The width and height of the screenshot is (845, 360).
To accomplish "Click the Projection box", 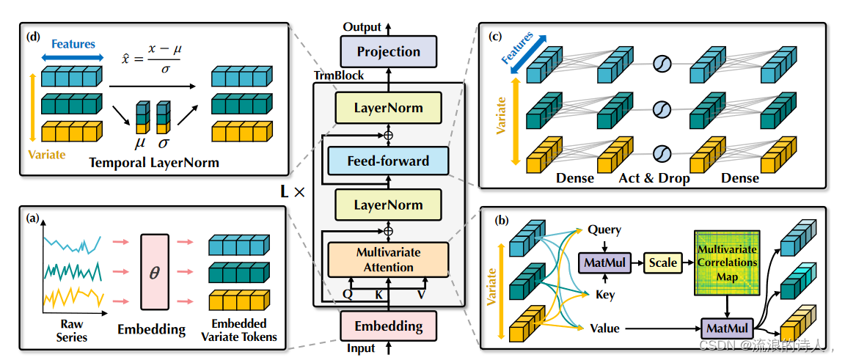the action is click(x=389, y=52).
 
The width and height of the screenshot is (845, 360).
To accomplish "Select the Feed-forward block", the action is click(x=388, y=160).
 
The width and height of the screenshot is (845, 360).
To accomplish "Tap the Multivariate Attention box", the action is click(x=388, y=260).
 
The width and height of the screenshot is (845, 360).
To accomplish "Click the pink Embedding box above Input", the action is click(x=388, y=326).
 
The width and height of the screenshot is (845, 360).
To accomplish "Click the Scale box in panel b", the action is click(x=662, y=262).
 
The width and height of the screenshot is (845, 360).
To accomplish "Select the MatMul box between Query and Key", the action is click(x=600, y=262).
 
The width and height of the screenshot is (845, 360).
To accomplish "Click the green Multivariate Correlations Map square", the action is click(x=728, y=264).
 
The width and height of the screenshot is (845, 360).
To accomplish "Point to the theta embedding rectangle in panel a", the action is click(x=154, y=271).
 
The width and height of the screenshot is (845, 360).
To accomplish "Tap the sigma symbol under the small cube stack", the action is click(x=162, y=143).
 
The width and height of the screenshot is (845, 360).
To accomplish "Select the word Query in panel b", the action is click(x=604, y=230).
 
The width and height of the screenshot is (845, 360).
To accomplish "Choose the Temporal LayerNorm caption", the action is click(x=154, y=163).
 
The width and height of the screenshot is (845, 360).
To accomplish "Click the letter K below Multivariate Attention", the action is click(x=378, y=295).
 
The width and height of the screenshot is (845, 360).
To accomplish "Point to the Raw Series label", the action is click(x=71, y=330).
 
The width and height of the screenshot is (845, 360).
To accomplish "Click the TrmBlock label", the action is click(x=338, y=76).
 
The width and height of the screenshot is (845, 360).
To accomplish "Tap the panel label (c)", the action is click(x=494, y=37).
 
